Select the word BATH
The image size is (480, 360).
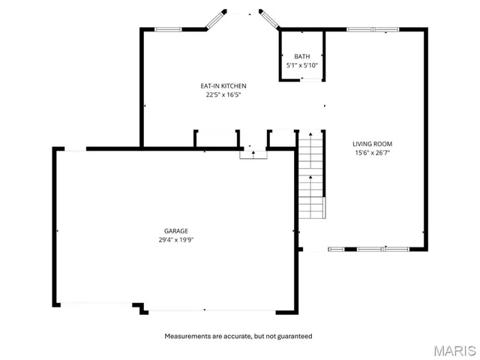[301, 56]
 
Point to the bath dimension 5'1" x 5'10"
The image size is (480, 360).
[301, 66]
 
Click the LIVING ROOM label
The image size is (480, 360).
[373, 144]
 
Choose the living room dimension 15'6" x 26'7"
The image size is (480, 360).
[373, 154]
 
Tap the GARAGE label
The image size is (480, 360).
[176, 231]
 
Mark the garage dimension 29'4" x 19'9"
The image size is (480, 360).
[176, 241]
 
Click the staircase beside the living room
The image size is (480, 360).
[310, 176]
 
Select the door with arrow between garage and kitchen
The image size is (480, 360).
[253, 153]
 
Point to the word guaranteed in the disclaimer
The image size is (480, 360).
[295, 336]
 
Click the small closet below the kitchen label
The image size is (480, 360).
[217, 139]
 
